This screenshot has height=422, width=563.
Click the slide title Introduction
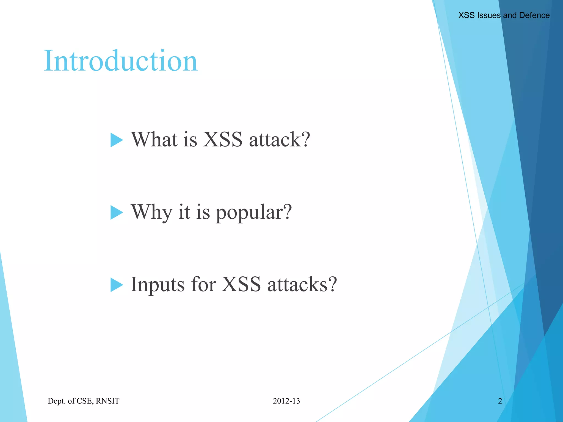(x=120, y=61)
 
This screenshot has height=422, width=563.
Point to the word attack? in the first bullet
(x=279, y=140)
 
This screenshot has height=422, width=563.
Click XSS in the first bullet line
(x=223, y=140)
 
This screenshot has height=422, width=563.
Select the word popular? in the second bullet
(x=253, y=213)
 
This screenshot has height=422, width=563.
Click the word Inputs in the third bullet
(x=157, y=285)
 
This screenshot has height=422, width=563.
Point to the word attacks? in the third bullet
(x=302, y=285)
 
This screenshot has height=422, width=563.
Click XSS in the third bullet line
(x=241, y=285)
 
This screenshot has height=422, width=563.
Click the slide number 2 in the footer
(x=500, y=401)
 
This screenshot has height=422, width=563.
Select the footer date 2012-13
(x=286, y=401)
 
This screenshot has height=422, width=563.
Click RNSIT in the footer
(x=107, y=401)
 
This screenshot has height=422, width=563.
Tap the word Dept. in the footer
(x=57, y=401)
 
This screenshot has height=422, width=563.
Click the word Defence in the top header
(x=534, y=15)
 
